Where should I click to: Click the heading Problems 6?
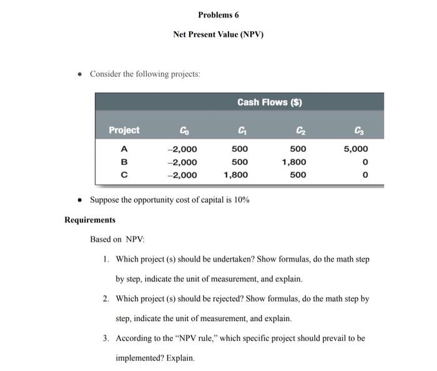tap(218, 14)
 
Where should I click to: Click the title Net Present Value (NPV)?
tap(218, 34)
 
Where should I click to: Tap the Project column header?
tap(124, 130)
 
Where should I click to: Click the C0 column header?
tap(183, 130)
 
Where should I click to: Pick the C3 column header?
tap(357, 130)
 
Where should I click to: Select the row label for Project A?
tap(124, 149)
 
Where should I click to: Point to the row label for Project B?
tap(124, 162)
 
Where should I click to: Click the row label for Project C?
tap(124, 175)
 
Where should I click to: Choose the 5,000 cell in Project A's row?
tap(356, 149)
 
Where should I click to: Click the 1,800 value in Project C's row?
tap(235, 175)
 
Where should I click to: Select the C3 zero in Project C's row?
tap(365, 175)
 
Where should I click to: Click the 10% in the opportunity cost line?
tap(242, 200)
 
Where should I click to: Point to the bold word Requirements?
tap(90, 220)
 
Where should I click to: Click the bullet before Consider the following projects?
tap(79, 74)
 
